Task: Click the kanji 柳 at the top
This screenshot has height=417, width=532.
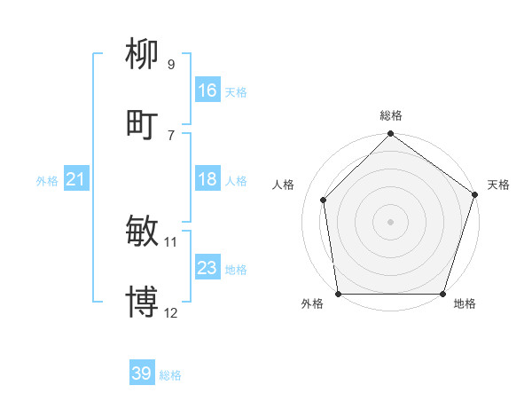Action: (x=142, y=54)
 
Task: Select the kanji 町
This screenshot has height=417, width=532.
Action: (x=142, y=124)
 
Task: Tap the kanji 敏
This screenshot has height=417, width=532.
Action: (x=142, y=232)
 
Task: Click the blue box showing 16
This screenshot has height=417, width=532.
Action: (x=207, y=90)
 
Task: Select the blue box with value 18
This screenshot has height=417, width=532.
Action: (x=207, y=179)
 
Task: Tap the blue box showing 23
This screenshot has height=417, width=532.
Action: (x=207, y=268)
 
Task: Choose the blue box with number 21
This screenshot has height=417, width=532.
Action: (x=76, y=180)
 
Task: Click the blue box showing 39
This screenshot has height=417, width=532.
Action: (x=142, y=374)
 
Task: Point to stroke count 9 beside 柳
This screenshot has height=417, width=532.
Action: (x=170, y=64)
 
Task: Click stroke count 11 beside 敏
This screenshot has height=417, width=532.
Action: (x=171, y=241)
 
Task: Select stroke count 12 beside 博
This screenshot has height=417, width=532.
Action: (x=171, y=312)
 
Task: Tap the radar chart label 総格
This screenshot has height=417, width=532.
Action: (x=391, y=116)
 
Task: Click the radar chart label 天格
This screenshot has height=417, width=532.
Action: (x=498, y=185)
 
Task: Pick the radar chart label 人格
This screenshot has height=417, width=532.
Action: (x=284, y=185)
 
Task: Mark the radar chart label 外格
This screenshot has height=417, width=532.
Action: (x=312, y=304)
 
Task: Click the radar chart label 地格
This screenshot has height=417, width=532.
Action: (x=465, y=304)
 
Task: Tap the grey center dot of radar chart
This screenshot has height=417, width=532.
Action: (x=391, y=221)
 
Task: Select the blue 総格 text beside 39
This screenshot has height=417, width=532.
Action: (x=170, y=375)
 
